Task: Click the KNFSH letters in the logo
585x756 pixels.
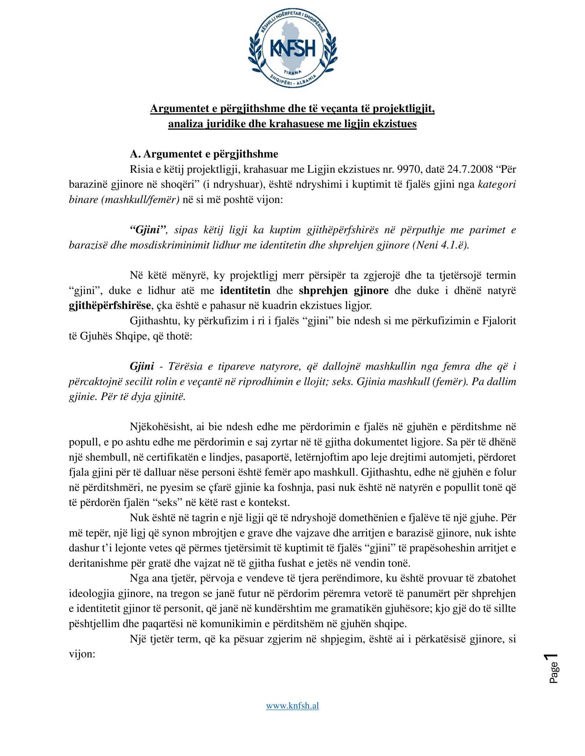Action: coord(292,49)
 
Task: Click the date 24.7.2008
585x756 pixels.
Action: coord(465,169)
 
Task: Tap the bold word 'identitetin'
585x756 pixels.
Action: coord(245,290)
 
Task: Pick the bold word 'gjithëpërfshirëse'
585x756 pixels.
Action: coord(110,305)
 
